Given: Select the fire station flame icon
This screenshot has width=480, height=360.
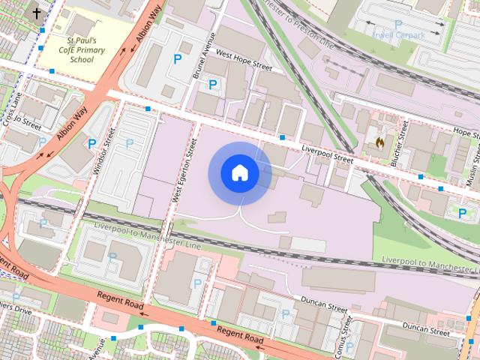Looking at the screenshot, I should (380, 140).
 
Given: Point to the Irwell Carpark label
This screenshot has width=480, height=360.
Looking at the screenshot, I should (398, 34).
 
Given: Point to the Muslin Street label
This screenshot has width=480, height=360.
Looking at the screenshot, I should (471, 172).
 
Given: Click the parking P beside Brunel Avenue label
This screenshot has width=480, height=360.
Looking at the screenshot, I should (212, 84).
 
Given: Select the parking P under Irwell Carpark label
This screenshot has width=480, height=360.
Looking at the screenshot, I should (397, 25).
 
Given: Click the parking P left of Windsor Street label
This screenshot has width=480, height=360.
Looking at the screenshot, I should (91, 143).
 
